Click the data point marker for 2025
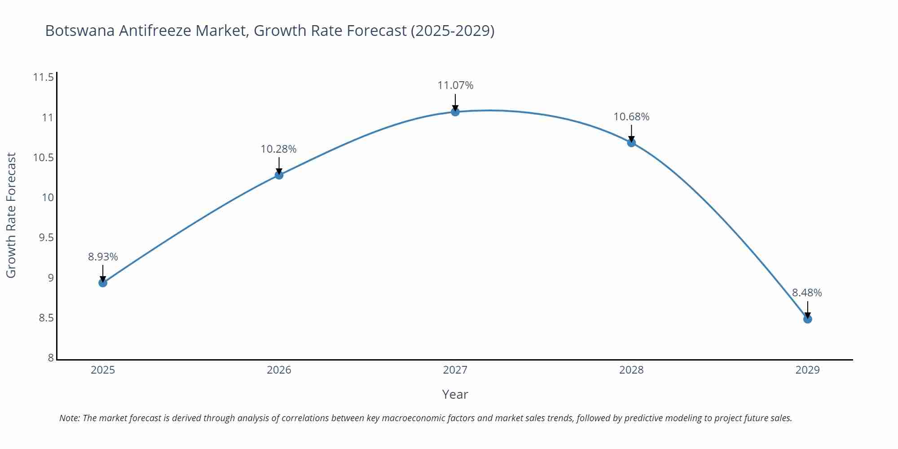tap(103, 283)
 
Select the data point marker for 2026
tap(279, 175)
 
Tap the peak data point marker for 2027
tap(455, 112)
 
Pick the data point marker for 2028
tap(631, 143)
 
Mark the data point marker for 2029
tap(807, 319)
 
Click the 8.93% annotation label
tap(103, 257)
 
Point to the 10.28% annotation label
tap(279, 149)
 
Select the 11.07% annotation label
tap(455, 85)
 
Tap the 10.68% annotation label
tap(631, 117)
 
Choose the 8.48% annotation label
tap(807, 293)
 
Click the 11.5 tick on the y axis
tap(43, 78)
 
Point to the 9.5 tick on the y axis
tap(46, 238)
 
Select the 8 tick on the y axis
tap(51, 358)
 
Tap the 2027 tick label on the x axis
tap(455, 370)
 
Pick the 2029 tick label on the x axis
tap(807, 370)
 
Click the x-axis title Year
tap(455, 394)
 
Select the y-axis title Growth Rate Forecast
tap(11, 215)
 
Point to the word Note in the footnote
tap(69, 418)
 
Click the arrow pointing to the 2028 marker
tap(631, 133)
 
